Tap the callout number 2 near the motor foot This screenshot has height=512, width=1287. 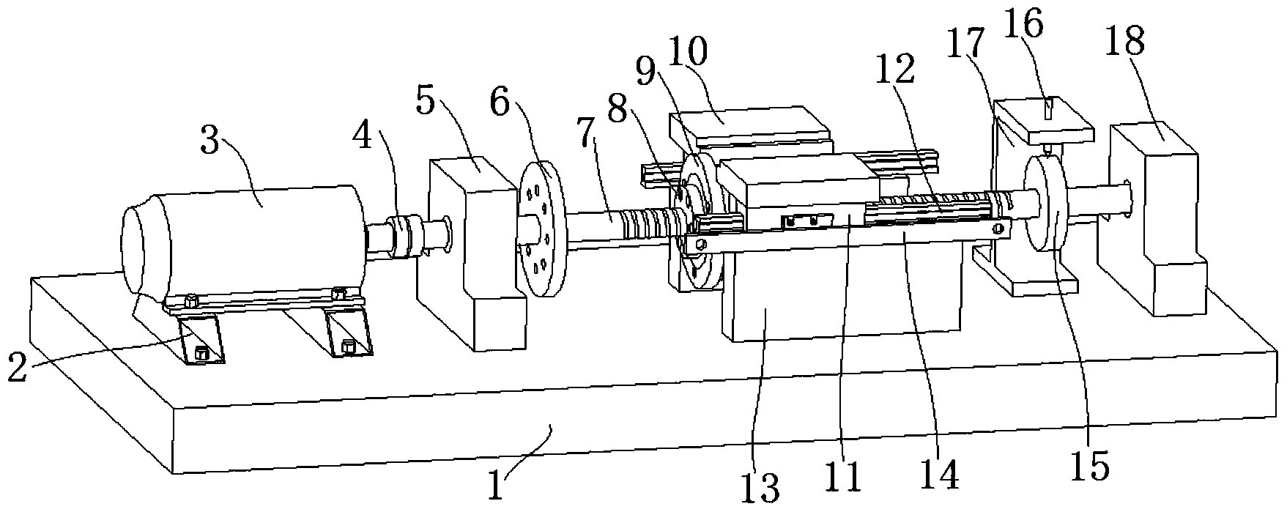[19, 367]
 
